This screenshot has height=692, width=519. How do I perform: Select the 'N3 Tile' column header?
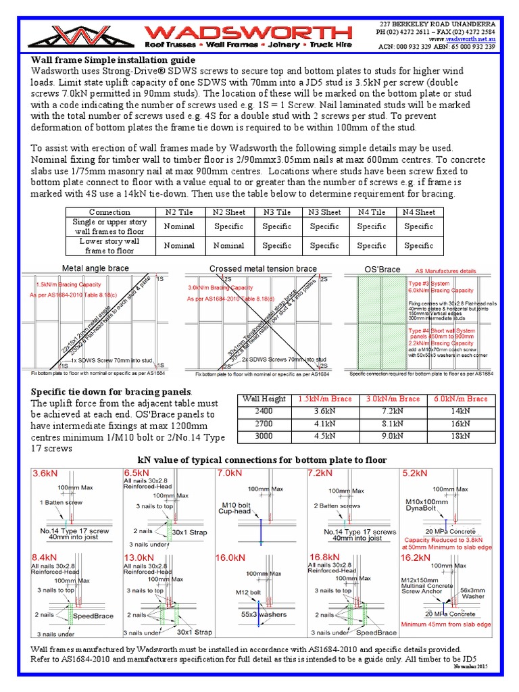pyautogui.click(x=277, y=212)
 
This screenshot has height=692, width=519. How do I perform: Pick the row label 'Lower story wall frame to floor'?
pyautogui.click(x=109, y=245)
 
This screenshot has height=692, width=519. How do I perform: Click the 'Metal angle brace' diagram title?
pyautogui.click(x=95, y=268)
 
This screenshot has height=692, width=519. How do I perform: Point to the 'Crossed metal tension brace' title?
pyautogui.click(x=263, y=268)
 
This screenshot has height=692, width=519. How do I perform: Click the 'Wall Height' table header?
pyautogui.click(x=263, y=399)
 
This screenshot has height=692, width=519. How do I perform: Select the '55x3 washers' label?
pyautogui.click(x=264, y=614)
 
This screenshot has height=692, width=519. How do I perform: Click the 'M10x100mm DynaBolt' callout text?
pyautogui.click(x=428, y=506)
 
